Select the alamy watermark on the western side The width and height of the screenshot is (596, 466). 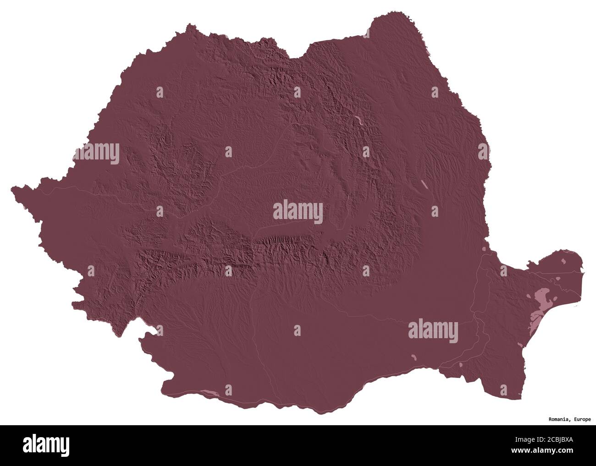pos(96,154)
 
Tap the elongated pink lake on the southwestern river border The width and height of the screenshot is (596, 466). pos(210,392)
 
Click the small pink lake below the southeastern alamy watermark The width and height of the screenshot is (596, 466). pos(414,358)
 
